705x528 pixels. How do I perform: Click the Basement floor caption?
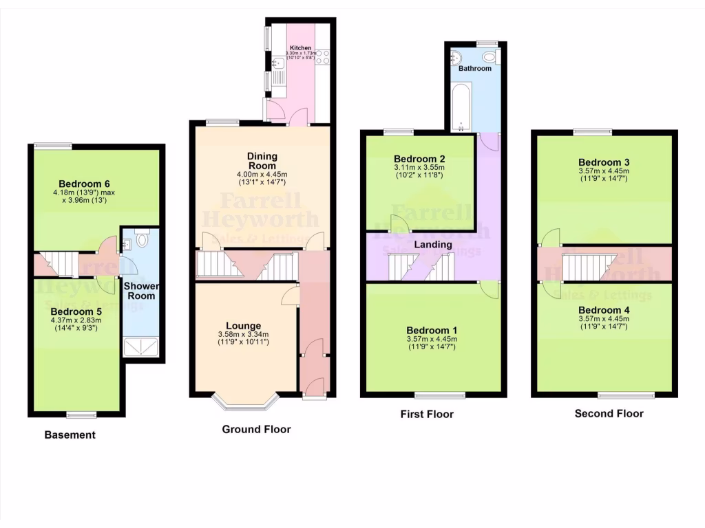pyautogui.click(x=70, y=434)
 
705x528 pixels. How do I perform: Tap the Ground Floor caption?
pyautogui.click(x=256, y=429)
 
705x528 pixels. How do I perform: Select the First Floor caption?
pyautogui.click(x=427, y=414)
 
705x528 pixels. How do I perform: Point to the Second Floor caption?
pyautogui.click(x=609, y=413)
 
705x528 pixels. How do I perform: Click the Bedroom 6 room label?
pyautogui.click(x=84, y=184)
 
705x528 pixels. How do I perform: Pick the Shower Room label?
pyautogui.click(x=140, y=291)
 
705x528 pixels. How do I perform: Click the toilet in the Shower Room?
pyautogui.click(x=143, y=239)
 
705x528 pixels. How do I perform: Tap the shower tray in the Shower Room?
pyautogui.click(x=143, y=348)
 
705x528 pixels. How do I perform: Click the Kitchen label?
pyautogui.click(x=301, y=47)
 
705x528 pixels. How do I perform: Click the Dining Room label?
pyautogui.click(x=262, y=161)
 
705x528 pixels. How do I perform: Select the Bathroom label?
pyautogui.click(x=475, y=69)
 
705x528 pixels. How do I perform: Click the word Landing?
pyautogui.click(x=434, y=244)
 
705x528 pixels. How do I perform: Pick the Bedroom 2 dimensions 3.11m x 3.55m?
pyautogui.click(x=419, y=171)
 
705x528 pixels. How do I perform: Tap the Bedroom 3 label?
pyautogui.click(x=604, y=162)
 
